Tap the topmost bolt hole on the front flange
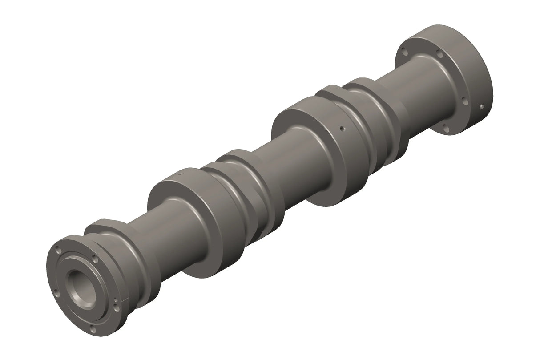point(59,250)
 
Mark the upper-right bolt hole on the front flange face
point(94,259)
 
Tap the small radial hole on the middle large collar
point(341,128)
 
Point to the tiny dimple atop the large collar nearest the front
point(181,173)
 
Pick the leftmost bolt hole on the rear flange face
point(404,52)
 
